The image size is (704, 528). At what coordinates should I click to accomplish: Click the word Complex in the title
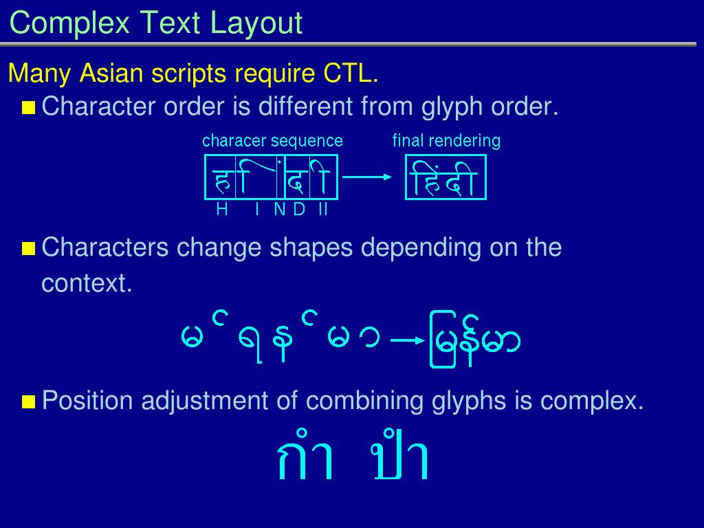point(69,23)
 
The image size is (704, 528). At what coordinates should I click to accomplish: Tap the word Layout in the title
point(256,23)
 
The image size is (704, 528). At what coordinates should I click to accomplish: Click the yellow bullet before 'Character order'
point(29,108)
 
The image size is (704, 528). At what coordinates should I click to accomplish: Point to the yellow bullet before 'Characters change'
point(29,248)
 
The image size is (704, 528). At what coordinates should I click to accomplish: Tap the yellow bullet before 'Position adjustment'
point(29,401)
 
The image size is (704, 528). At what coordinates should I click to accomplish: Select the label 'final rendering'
point(446,141)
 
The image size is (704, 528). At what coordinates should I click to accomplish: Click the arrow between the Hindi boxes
point(367,177)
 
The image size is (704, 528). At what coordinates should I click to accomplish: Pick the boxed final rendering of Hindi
point(445,177)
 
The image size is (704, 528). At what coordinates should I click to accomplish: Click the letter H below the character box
point(222,209)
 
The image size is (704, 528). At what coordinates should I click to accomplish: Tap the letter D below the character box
point(299,209)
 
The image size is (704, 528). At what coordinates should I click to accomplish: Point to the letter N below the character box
point(280,209)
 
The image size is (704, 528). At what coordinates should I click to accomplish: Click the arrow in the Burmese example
point(408,341)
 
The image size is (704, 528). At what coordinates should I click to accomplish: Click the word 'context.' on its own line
point(87,283)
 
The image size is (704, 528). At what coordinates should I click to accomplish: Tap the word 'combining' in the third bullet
point(364,401)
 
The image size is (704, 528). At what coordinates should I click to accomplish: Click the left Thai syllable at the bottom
point(305,456)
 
